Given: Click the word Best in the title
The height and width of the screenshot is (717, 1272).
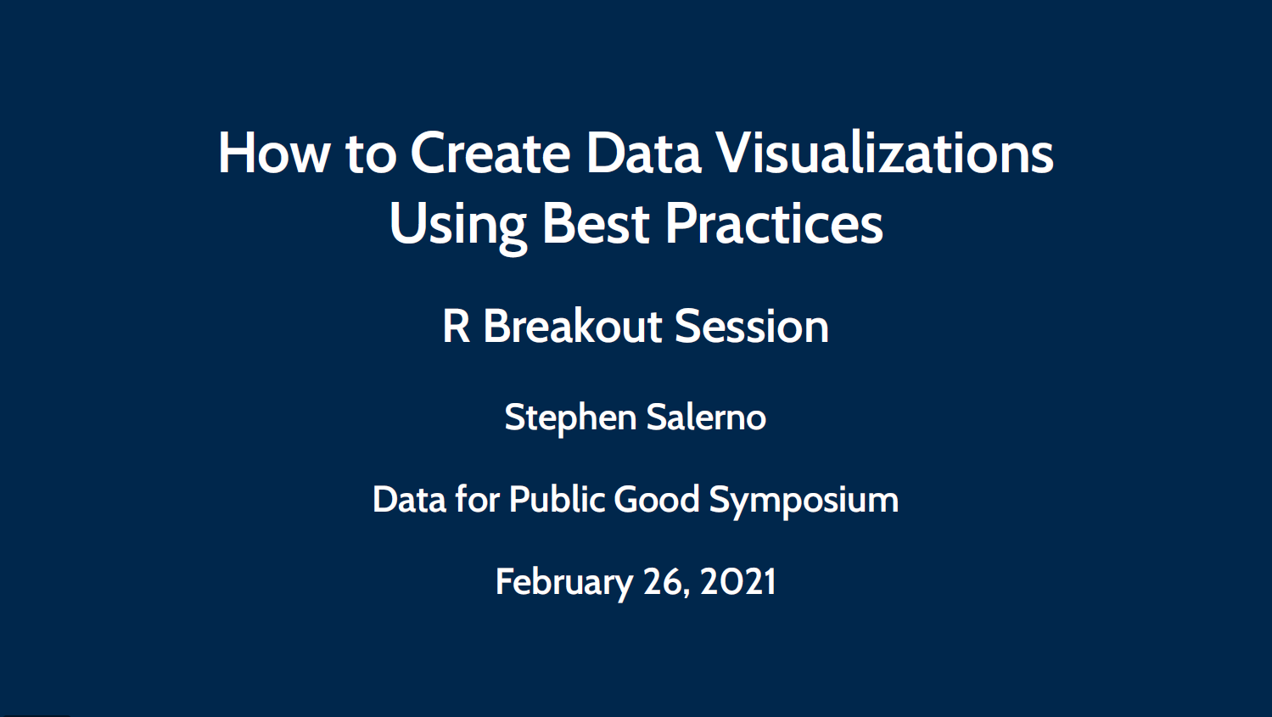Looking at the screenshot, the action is (596, 224).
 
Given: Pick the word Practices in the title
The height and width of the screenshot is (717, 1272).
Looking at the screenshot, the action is (774, 224).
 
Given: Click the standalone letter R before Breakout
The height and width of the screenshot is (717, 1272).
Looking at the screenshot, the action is (456, 327).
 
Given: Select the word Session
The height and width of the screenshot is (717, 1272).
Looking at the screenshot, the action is (752, 327).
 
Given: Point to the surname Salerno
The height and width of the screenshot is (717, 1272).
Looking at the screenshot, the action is (706, 417).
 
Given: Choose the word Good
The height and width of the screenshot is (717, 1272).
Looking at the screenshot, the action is (657, 500).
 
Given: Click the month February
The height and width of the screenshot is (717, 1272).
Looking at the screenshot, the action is (564, 583).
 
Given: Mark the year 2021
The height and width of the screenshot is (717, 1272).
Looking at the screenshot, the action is (737, 582).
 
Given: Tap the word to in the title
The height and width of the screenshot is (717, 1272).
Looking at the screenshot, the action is (371, 154).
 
